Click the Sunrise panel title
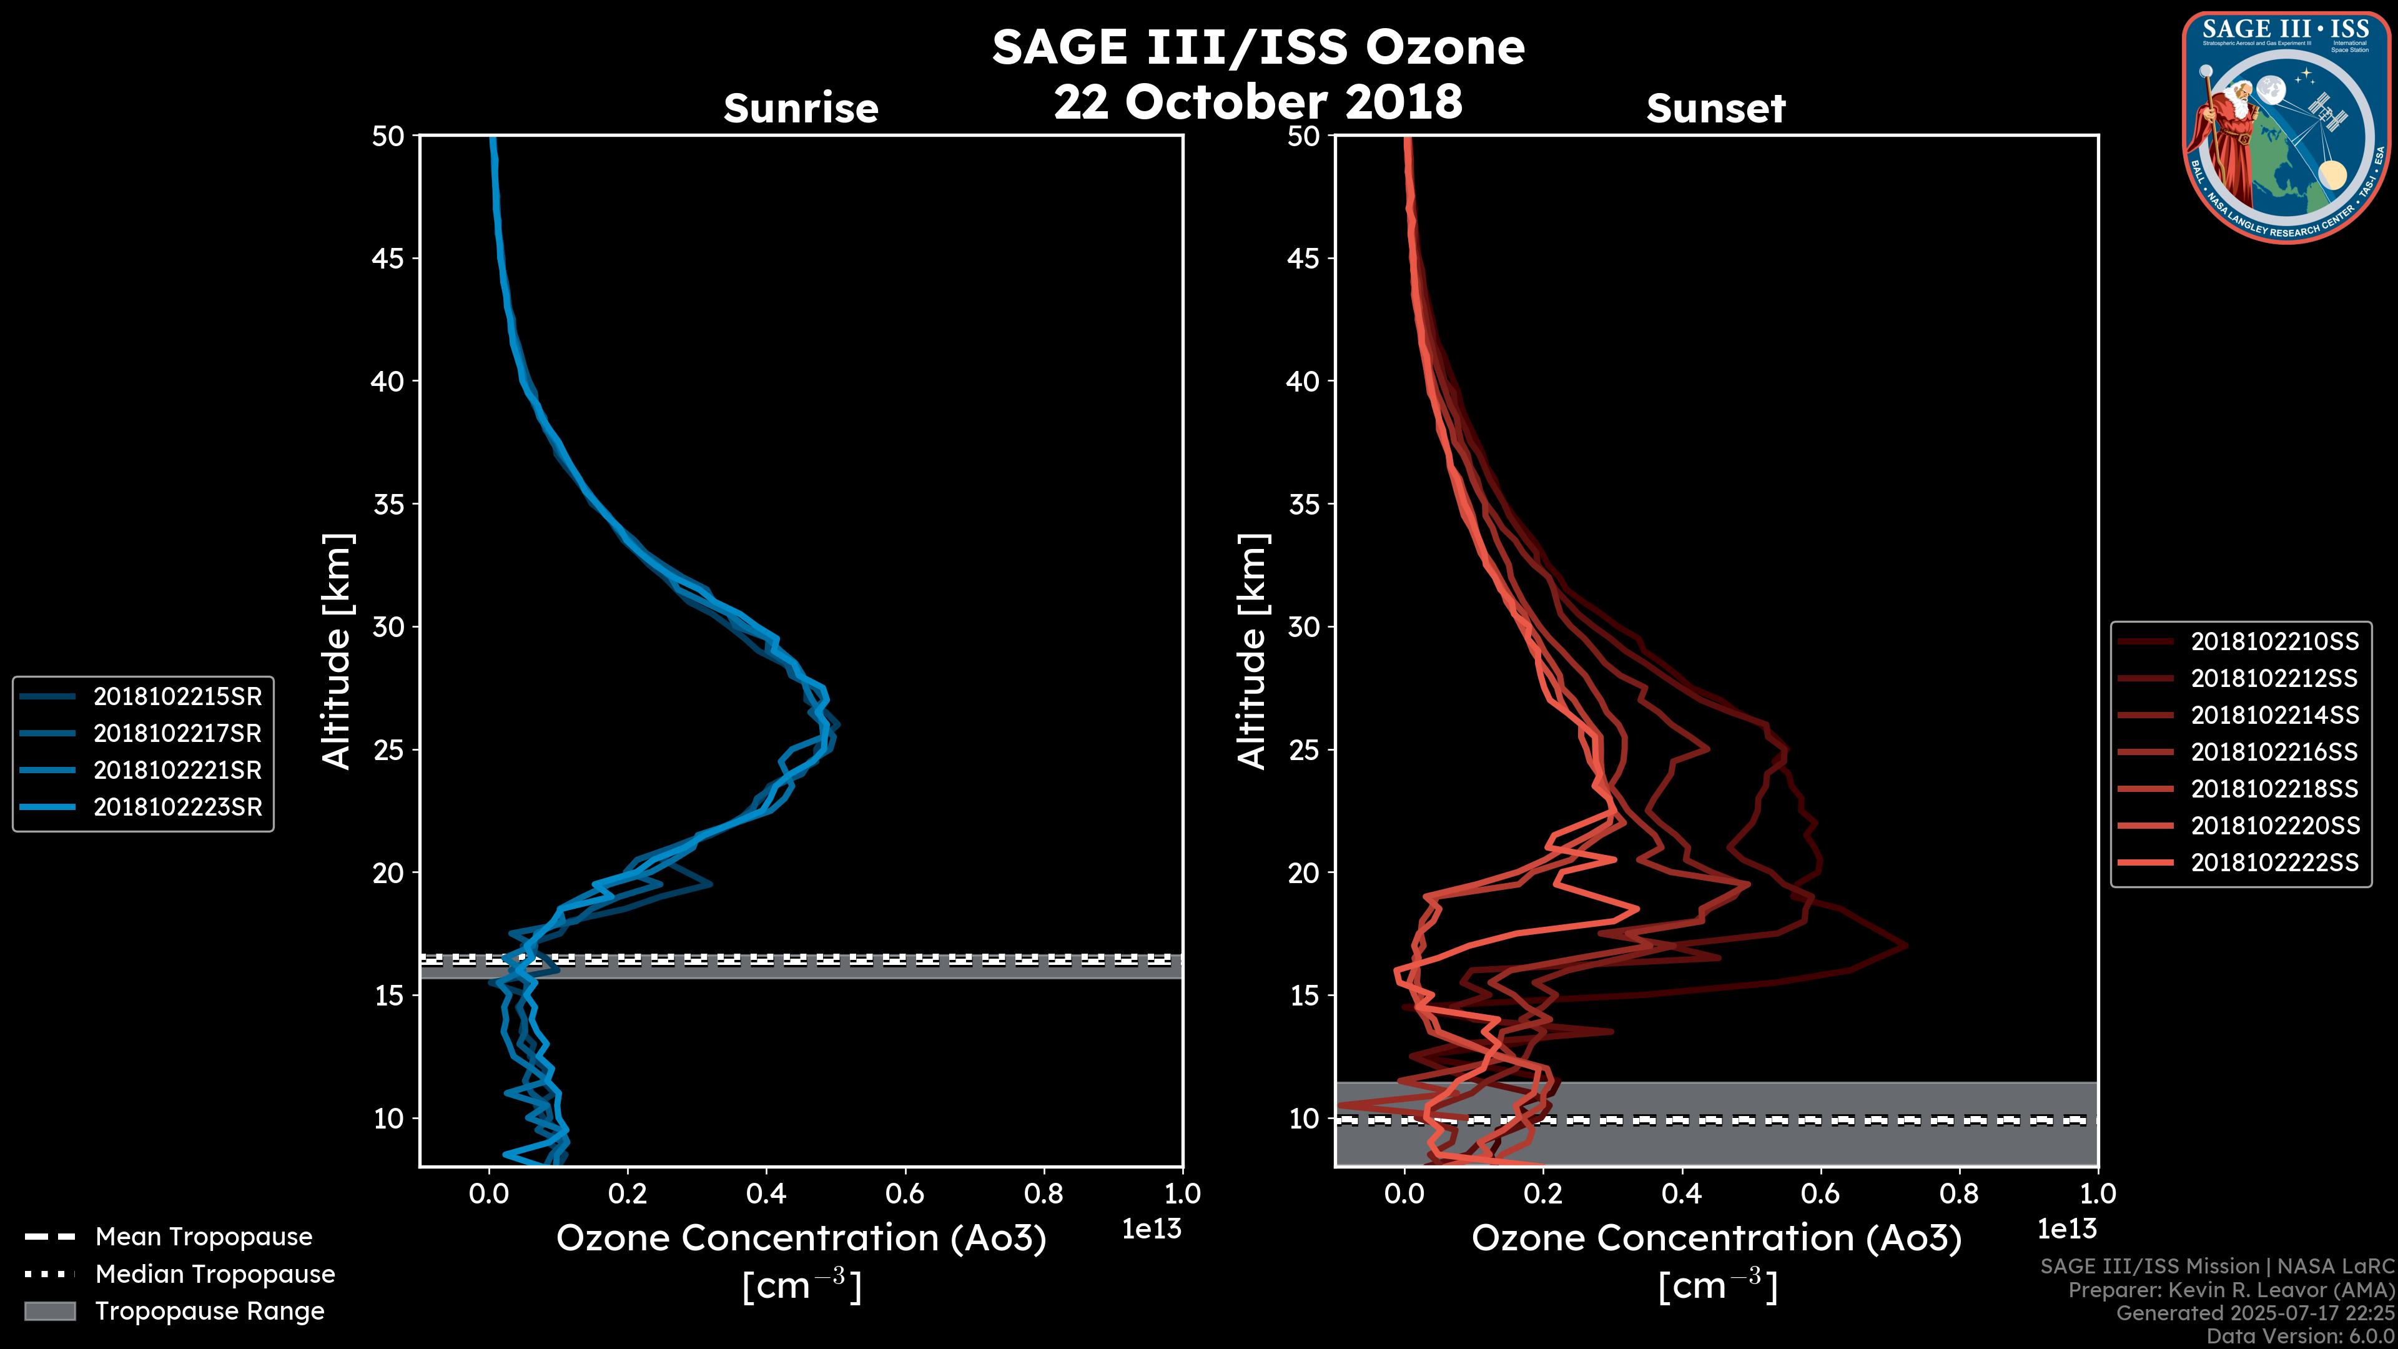coord(801,109)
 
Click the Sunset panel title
coord(1715,109)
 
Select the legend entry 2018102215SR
coord(177,696)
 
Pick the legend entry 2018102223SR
coord(177,807)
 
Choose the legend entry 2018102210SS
coord(2274,641)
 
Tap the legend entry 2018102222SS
coord(2274,863)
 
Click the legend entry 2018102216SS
coord(2274,752)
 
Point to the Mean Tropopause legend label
coord(204,1237)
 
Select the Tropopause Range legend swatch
coord(49,1311)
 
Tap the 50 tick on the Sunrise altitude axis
coord(389,137)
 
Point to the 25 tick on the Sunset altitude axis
coord(1304,750)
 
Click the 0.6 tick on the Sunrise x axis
coord(905,1193)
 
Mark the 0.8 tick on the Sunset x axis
coord(1958,1193)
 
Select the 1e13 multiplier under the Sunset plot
coord(2066,1229)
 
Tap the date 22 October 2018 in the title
coord(1258,101)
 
